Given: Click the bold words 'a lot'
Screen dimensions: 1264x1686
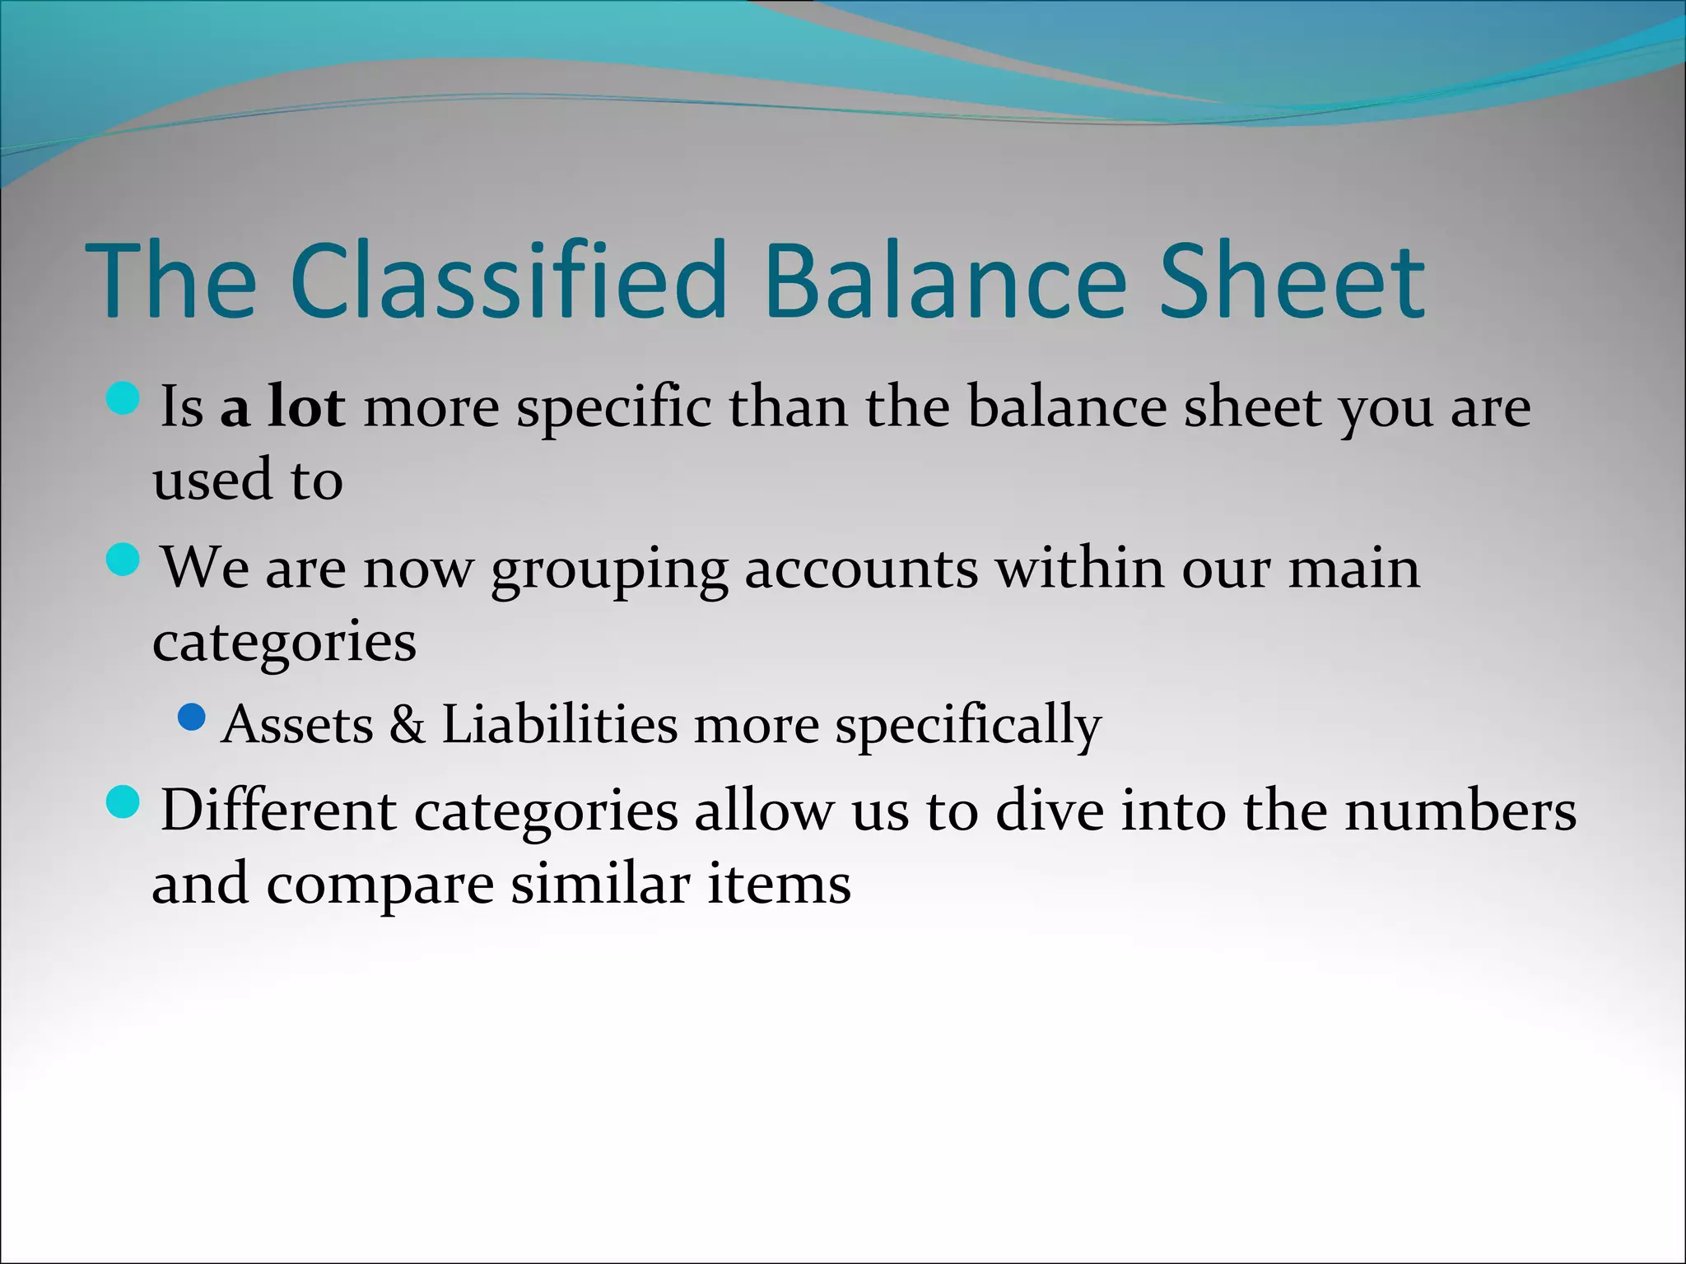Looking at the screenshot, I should point(282,407).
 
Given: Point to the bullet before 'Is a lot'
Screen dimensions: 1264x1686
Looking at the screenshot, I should point(123,398).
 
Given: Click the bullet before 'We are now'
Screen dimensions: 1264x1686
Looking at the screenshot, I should point(123,560).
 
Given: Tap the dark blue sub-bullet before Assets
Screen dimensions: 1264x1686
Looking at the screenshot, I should point(191,717).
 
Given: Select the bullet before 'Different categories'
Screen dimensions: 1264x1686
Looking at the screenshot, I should point(123,802).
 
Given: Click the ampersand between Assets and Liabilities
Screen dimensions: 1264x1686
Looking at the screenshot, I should point(408,725).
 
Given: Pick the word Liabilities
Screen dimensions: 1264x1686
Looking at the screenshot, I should point(560,725).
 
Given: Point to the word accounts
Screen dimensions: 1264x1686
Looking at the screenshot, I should point(861,569).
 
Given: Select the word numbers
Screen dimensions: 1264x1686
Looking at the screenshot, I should point(1460,811).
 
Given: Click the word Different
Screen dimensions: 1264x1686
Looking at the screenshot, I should point(278,811).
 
